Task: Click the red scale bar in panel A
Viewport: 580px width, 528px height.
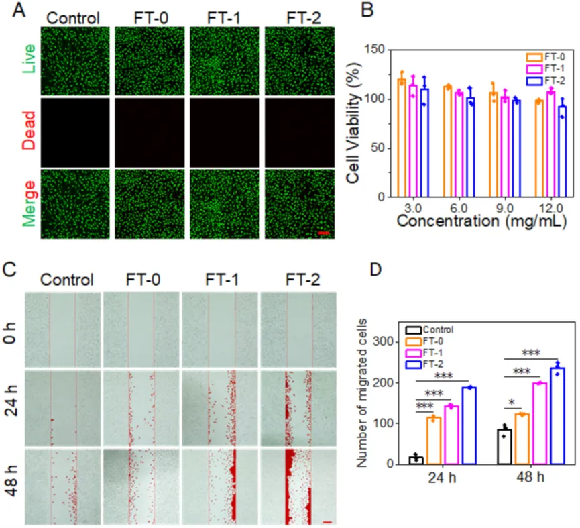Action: [x=323, y=233]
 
